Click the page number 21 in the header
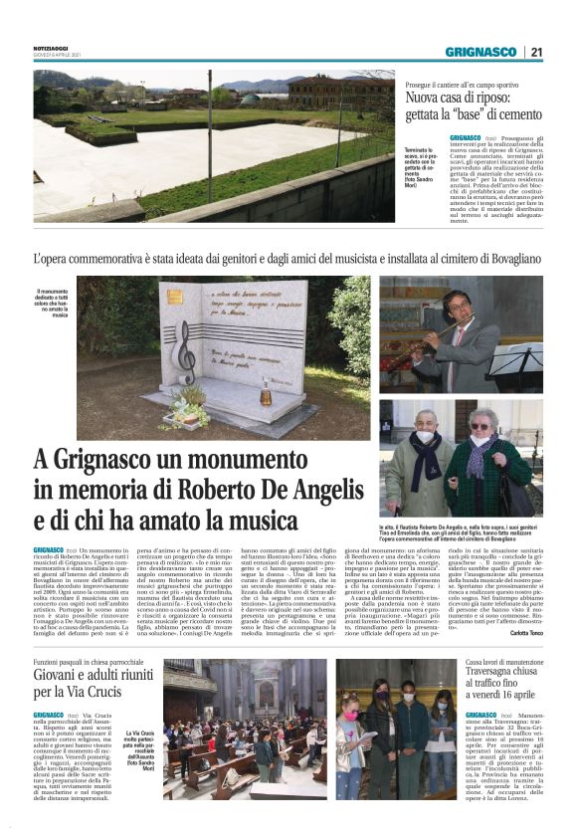click(x=536, y=53)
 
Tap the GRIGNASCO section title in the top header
click(x=481, y=53)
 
